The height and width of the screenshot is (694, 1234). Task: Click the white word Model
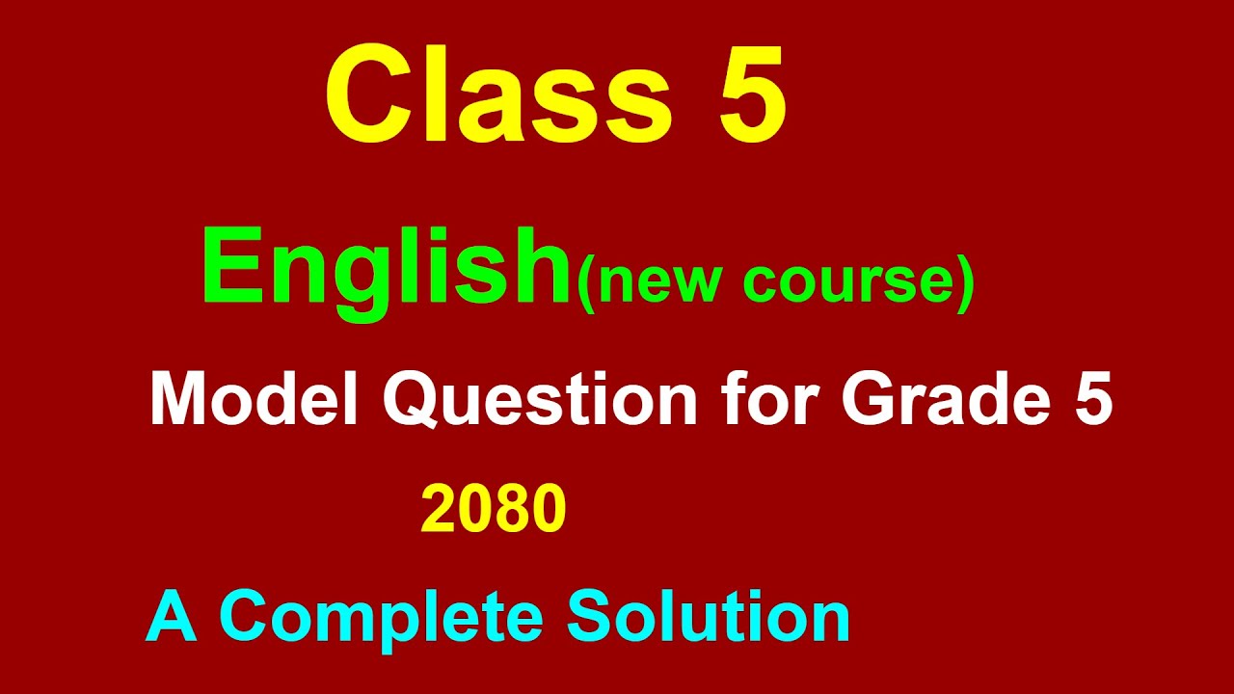click(x=254, y=398)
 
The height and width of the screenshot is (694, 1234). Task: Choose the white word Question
click(x=540, y=398)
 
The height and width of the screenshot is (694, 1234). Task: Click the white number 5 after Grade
click(x=1092, y=398)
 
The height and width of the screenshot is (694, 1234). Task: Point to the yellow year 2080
click(x=493, y=510)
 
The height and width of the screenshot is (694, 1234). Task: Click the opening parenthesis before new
click(x=584, y=282)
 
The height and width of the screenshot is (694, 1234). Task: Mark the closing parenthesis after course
click(x=966, y=282)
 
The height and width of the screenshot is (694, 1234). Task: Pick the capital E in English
click(x=228, y=266)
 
